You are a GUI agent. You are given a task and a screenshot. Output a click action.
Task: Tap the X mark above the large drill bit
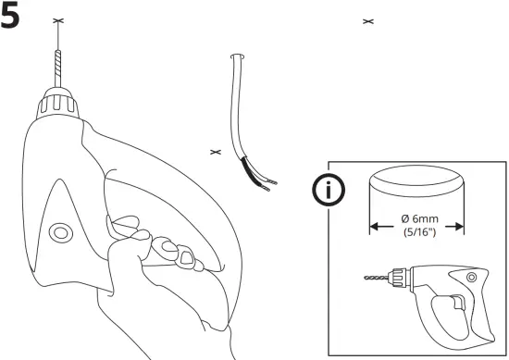coord(59,21)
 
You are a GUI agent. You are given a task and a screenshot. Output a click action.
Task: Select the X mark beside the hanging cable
coord(216,151)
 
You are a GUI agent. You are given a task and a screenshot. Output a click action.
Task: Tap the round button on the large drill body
coord(61,231)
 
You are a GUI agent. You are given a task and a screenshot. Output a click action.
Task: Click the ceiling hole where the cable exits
coord(237,57)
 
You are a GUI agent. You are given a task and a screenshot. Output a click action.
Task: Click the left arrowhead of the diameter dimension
coord(373,223)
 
